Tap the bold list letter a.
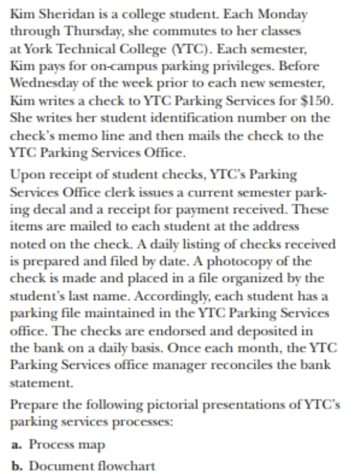coord(15,444)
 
